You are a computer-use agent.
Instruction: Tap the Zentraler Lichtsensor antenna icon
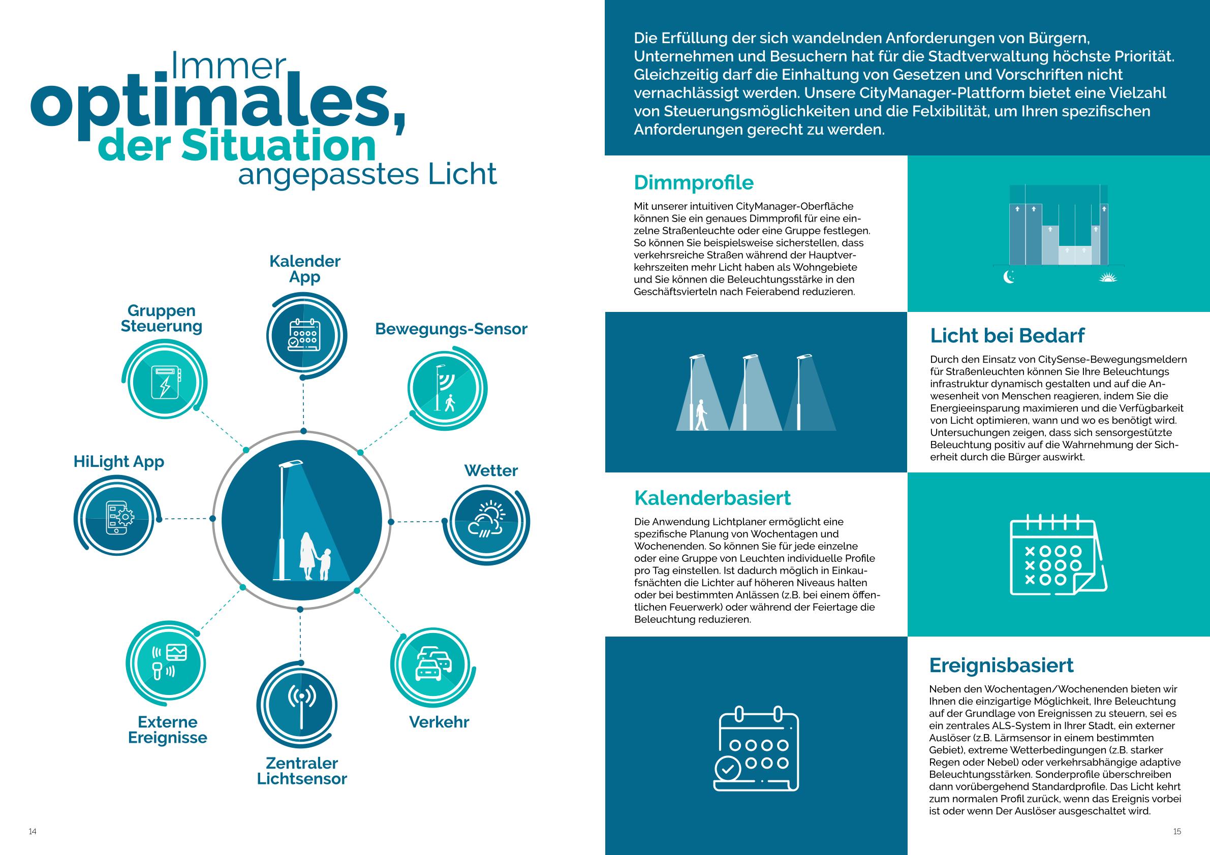coord(301,707)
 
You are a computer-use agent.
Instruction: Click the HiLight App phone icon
coord(120,518)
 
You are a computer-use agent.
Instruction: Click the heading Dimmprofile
coord(694,182)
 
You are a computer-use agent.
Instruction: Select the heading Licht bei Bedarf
coord(1007,335)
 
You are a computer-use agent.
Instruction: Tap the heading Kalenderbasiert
coord(712,497)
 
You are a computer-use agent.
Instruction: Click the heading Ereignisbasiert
coord(1001,665)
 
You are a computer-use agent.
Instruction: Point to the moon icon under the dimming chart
coord(1009,276)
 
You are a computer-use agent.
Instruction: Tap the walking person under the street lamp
coord(701,415)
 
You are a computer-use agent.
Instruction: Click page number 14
coord(33,831)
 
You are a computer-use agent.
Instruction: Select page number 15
coord(1177,831)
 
